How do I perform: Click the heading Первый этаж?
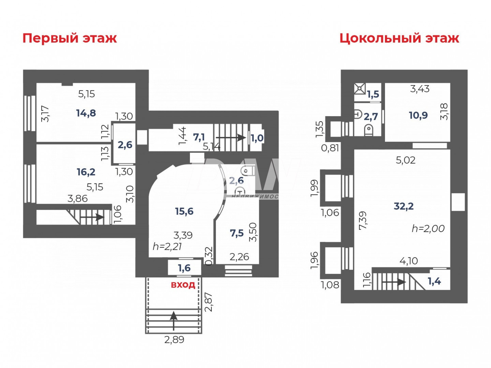pos(69,38)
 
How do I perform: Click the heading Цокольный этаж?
pos(399,38)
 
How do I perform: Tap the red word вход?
pos(183,285)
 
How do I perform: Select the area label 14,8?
pos(86,113)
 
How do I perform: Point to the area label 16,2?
pos(86,172)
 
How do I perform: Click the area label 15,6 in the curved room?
pos(184,211)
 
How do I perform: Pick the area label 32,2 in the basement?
pos(404,206)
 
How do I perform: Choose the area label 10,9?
pos(418,115)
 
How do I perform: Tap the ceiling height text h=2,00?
pos(428,228)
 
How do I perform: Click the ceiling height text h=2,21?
pos(167,246)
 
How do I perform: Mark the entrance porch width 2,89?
pos(174,340)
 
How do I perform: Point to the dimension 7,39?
pos(363,220)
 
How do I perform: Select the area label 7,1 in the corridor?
pos(199,137)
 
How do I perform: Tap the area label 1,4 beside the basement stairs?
pos(434,281)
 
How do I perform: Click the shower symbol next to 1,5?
pos(360,89)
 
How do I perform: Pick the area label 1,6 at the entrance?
pos(184,268)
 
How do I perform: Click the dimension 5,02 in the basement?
pos(406,160)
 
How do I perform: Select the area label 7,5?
pos(237,233)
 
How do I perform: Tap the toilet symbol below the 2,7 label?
pos(369,130)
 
